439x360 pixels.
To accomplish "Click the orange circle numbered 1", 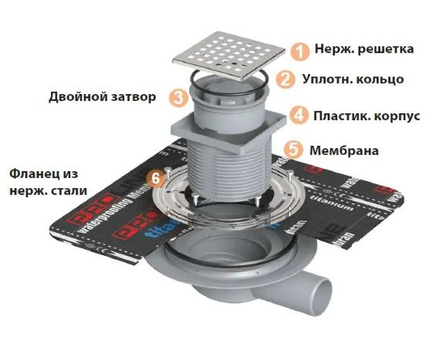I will click(x=298, y=50).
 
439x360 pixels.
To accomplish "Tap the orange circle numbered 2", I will click(x=285, y=79).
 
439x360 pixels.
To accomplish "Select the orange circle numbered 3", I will click(x=178, y=97).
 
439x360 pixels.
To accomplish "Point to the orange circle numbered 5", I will click(x=292, y=150).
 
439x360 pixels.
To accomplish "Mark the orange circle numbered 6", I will click(x=157, y=178).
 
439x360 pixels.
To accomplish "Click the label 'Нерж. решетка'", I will click(x=363, y=49).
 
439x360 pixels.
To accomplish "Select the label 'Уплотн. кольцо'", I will click(x=352, y=79).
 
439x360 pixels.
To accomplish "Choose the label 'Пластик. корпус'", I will click(x=366, y=116).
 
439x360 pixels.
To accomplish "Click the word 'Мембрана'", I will click(x=343, y=150).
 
